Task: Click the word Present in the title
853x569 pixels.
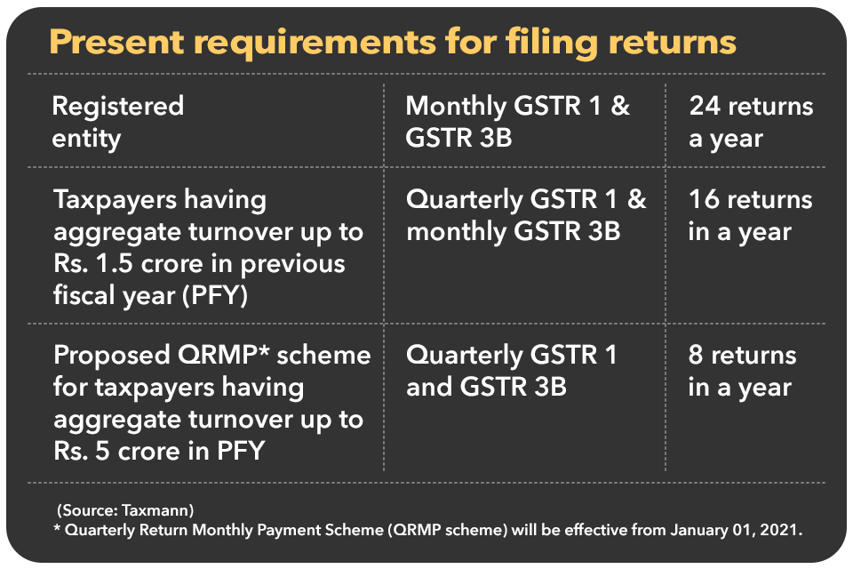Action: [x=116, y=42]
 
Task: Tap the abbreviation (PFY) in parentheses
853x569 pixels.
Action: [x=215, y=296]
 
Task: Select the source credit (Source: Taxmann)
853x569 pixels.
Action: [x=125, y=510]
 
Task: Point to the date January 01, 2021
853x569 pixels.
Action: [x=736, y=530]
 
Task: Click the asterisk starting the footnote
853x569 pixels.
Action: [x=57, y=527]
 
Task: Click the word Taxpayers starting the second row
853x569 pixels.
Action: [x=115, y=200]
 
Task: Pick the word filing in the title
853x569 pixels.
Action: [x=552, y=43]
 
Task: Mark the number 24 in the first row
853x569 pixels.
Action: [x=706, y=106]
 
